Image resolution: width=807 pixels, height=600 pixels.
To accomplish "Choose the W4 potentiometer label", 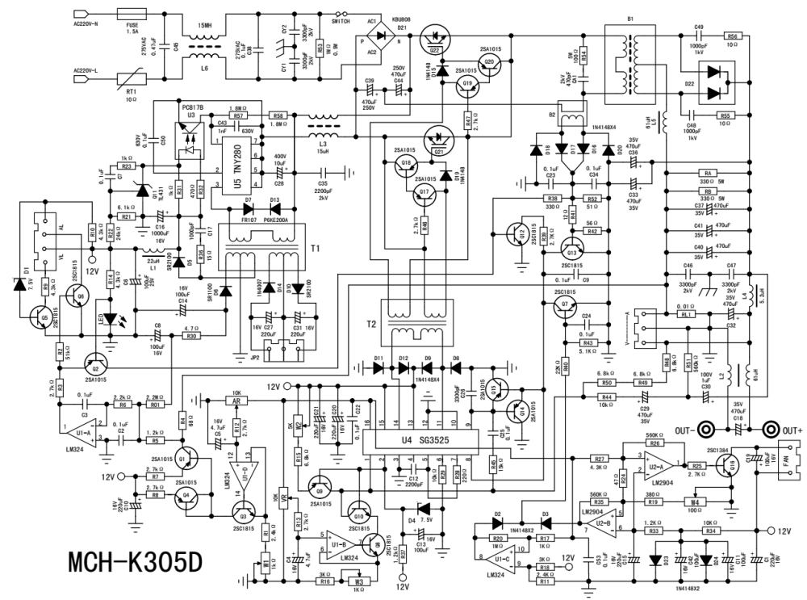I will (x=692, y=501).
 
